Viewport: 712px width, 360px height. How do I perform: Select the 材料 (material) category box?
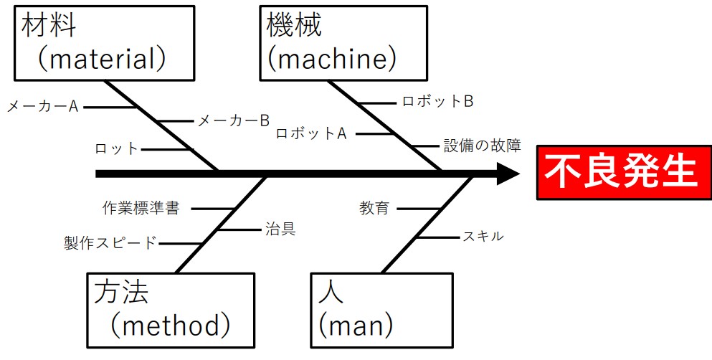point(105,43)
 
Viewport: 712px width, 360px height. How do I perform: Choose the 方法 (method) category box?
point(171,309)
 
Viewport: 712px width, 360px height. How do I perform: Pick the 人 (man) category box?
point(381,309)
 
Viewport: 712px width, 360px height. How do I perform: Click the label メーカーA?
point(42,106)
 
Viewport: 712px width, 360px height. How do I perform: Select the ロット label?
point(116,149)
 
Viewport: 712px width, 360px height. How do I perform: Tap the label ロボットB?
point(437,101)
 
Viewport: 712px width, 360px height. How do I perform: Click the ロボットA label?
point(312,133)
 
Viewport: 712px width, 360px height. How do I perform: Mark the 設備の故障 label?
point(482,146)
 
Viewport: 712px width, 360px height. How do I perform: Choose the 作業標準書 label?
point(141,209)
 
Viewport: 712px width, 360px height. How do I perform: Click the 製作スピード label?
point(110,243)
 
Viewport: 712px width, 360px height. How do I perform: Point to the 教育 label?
point(374,209)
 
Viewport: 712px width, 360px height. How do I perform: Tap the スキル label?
point(483,236)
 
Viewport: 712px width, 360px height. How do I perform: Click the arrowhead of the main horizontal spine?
point(507,174)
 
